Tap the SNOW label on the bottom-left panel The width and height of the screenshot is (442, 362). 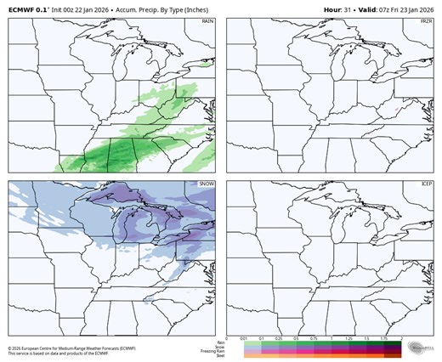207,184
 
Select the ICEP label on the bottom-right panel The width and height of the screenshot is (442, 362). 426,184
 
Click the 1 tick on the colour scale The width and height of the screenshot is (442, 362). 334,338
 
